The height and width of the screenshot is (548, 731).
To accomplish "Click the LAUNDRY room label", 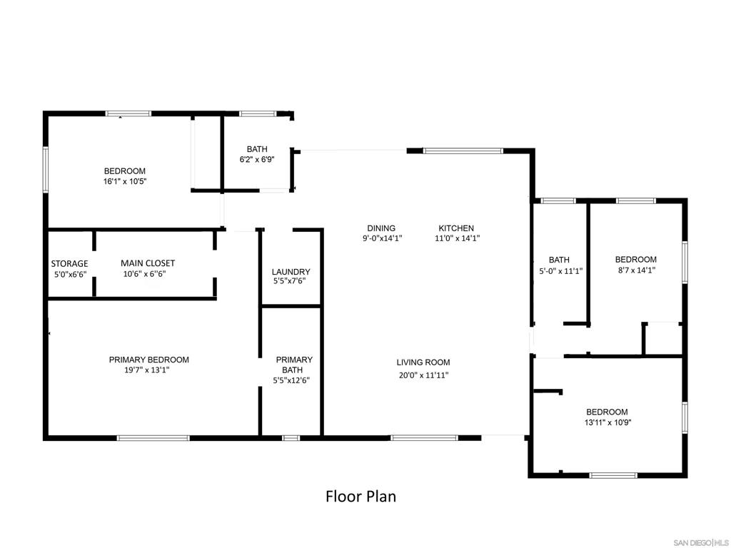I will pos(291,272).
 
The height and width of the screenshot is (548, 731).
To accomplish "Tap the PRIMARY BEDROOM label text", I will pos(148,360).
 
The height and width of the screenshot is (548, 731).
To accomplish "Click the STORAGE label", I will pos(69,264).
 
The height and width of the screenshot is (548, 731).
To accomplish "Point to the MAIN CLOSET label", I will pos(148,263).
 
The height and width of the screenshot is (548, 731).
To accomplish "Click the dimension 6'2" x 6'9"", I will pos(256,160).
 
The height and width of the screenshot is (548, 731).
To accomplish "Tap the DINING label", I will pos(381,228).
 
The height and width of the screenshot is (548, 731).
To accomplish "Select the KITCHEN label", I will pos(456,228).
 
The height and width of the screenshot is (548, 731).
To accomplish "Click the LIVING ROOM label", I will pos(423,362).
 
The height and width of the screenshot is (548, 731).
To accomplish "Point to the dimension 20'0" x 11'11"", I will pos(423,375).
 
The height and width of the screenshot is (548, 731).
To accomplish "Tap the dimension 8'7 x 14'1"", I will pos(635,270).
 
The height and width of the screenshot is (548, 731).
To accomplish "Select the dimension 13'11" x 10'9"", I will pos(607,422).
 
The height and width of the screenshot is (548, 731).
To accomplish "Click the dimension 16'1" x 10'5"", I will pos(124,182).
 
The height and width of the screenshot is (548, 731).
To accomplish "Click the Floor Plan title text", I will pos(361,496).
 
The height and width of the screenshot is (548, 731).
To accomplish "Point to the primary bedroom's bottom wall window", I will pos(153,437).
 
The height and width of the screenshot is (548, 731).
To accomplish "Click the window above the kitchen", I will pos(463,151).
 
